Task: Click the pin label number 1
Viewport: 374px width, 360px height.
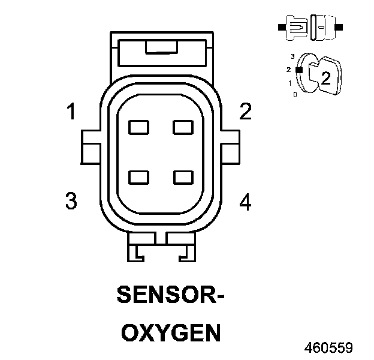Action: pyautogui.click(x=71, y=112)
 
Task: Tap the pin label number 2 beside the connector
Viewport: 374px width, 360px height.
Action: pyautogui.click(x=245, y=112)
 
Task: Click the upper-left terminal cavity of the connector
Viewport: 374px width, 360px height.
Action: pyautogui.click(x=139, y=127)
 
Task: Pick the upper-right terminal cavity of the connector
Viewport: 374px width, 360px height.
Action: pyautogui.click(x=182, y=127)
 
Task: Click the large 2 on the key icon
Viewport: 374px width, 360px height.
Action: pyautogui.click(x=325, y=77)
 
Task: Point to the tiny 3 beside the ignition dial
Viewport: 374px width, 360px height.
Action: pyautogui.click(x=292, y=56)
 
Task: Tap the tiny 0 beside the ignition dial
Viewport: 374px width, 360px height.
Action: pyautogui.click(x=294, y=94)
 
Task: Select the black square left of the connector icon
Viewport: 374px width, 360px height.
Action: pyautogui.click(x=281, y=27)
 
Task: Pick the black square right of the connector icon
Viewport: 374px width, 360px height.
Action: pyautogui.click(x=340, y=27)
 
